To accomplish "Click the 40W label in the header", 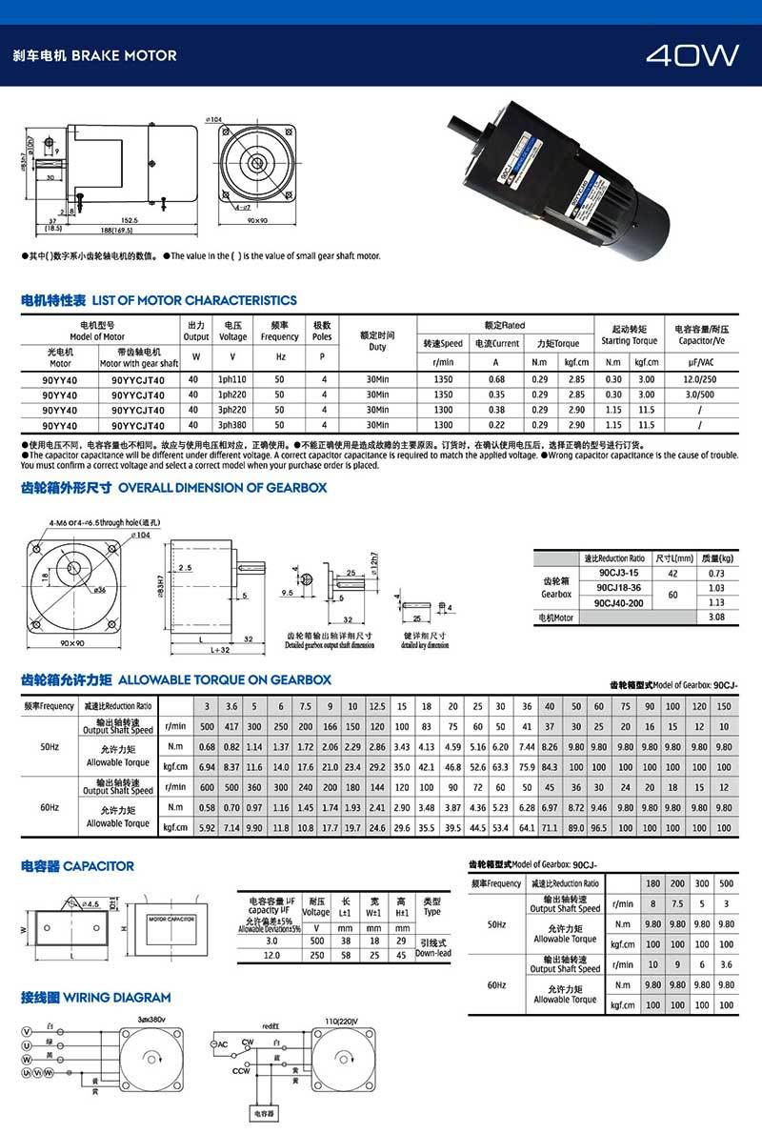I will [x=692, y=55].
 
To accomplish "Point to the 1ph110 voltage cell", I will [x=232, y=380].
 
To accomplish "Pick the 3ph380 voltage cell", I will [x=232, y=425].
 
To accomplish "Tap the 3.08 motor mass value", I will [x=717, y=617].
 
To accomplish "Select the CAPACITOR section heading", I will [x=77, y=866].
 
